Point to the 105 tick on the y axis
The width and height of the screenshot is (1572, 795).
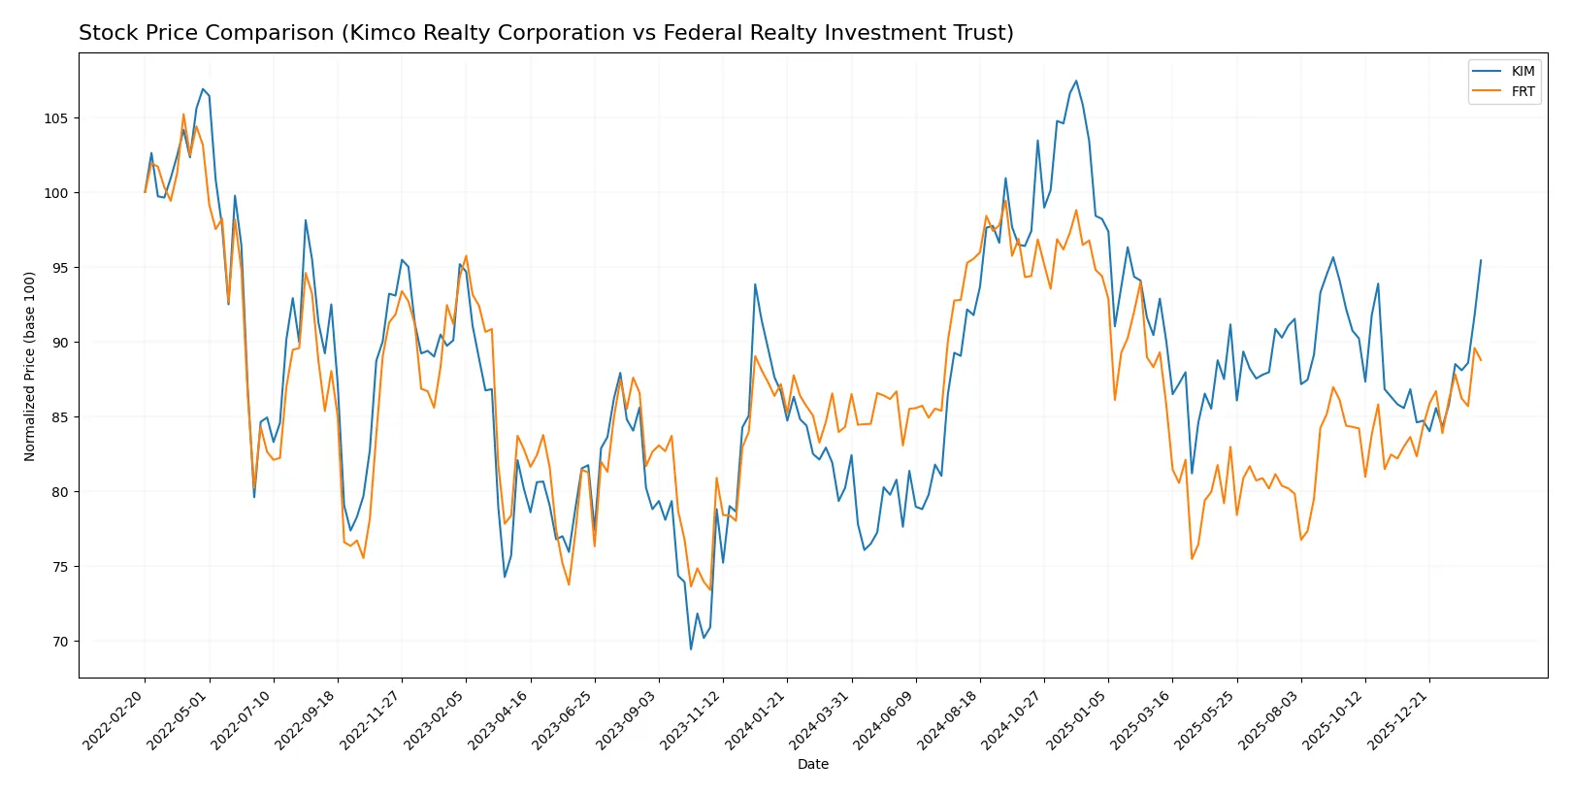click(x=55, y=118)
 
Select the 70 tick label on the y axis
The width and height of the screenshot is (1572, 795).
click(x=59, y=642)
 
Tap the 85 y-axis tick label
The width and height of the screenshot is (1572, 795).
click(x=59, y=417)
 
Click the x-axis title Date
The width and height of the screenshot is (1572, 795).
click(x=812, y=765)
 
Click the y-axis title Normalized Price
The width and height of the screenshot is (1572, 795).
click(x=30, y=367)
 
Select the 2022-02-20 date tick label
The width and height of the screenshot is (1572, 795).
click(x=115, y=719)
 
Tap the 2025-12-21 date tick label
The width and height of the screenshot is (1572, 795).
click(x=1398, y=719)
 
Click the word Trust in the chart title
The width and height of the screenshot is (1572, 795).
click(x=983, y=33)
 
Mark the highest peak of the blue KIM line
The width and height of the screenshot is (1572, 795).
click(x=1075, y=81)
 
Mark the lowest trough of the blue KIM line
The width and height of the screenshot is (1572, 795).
click(x=691, y=649)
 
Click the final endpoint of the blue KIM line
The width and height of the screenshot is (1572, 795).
click(x=1481, y=260)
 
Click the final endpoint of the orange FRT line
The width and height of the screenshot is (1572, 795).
click(x=1481, y=360)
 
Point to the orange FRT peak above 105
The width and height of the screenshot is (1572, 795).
click(x=183, y=114)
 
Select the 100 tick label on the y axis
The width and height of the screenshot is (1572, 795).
click(x=55, y=193)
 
